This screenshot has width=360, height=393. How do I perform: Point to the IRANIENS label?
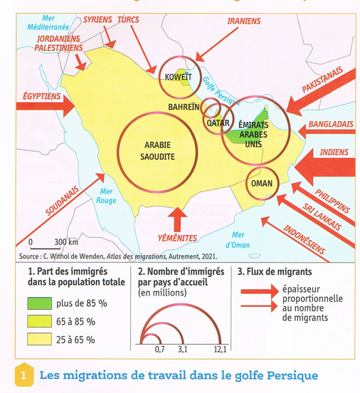243,21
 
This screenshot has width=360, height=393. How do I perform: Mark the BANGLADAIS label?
330,125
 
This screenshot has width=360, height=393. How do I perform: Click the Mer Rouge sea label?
107,195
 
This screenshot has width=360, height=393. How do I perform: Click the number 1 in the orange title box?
24,374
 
